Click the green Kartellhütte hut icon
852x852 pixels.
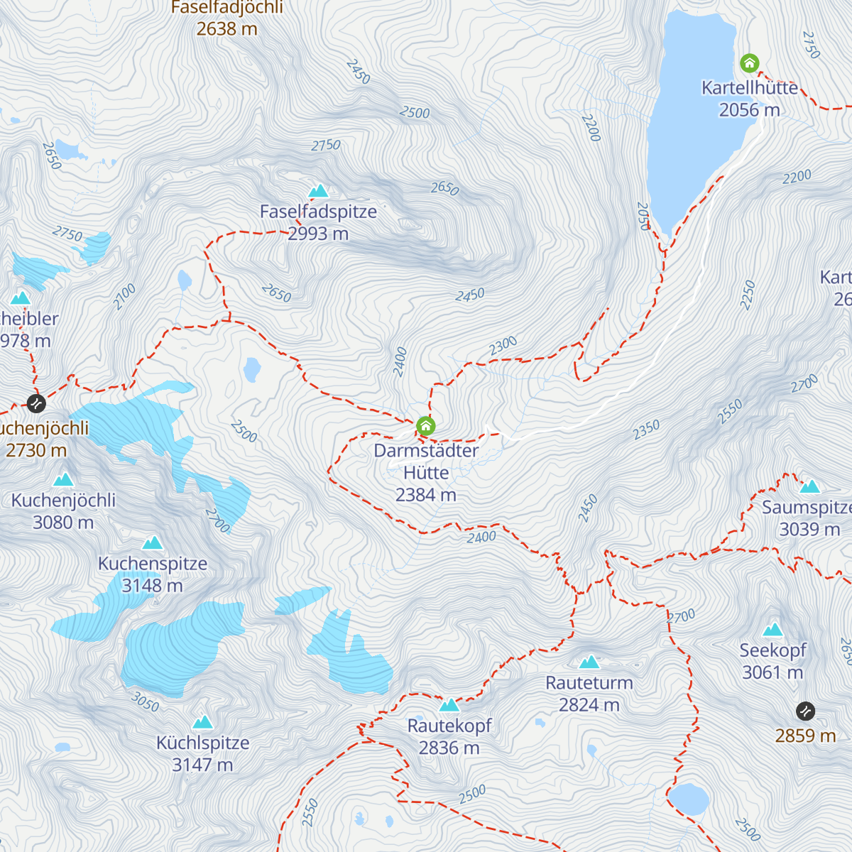point(749,63)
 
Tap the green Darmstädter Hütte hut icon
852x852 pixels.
point(425,425)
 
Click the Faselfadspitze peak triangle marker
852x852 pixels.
point(318,191)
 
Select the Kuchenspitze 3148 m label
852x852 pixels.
point(153,574)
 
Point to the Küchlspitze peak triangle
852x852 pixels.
point(203,723)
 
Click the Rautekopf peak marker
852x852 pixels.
point(449,705)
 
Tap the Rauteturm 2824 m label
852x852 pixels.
point(589,694)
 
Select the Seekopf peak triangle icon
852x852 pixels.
point(772,630)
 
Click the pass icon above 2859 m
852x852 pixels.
point(805,711)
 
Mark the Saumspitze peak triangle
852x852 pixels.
point(810,487)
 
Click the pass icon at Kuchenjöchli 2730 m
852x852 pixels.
point(36,404)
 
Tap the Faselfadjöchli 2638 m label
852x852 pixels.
point(226,18)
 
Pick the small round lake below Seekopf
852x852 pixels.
point(689,799)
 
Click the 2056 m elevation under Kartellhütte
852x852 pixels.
point(749,110)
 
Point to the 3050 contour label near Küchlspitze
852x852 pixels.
point(145,702)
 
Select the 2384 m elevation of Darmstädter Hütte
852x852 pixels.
point(425,495)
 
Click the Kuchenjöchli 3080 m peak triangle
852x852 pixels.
point(63,480)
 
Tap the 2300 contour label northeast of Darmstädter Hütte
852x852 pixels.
point(503,346)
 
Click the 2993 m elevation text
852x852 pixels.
point(318,234)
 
